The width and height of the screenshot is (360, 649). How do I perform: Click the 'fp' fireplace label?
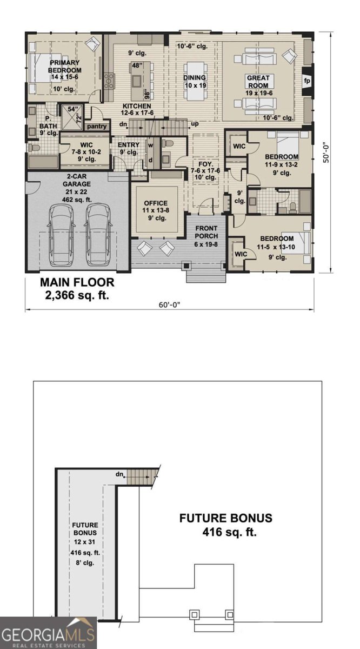pos(307,81)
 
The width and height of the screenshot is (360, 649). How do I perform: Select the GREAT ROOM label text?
pos(258,81)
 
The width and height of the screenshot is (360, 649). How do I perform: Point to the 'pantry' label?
pos(96,126)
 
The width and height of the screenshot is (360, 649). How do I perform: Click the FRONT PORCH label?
pos(206,232)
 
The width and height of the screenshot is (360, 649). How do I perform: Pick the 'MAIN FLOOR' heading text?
pos(77,282)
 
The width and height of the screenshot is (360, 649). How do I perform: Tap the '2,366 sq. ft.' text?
pos(77,295)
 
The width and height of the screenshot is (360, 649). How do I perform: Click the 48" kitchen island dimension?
pos(136,65)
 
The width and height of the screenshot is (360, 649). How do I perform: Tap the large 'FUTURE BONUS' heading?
pos(226,518)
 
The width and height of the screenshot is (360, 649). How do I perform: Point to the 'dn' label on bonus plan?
pos(119,474)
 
